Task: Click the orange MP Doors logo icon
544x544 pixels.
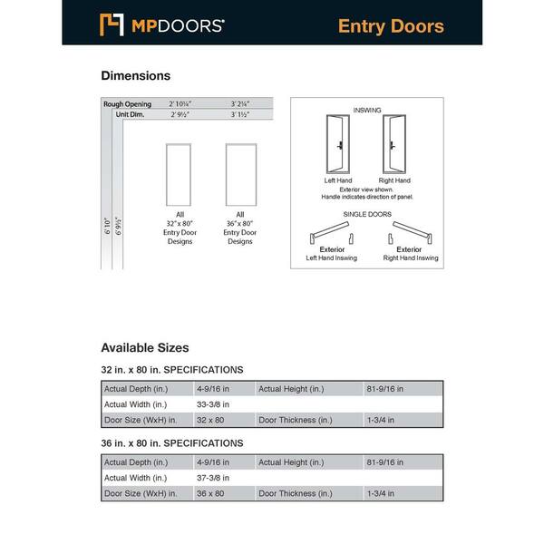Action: coord(111,24)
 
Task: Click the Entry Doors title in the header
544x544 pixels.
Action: coord(391,25)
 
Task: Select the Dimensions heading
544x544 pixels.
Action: coord(135,76)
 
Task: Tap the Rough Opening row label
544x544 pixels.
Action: coord(127,104)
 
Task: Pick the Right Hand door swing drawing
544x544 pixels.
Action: coord(393,145)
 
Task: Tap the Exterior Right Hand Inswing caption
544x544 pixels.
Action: coord(409,253)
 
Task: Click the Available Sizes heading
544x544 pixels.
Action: coord(145,347)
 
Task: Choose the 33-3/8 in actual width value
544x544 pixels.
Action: coord(214,404)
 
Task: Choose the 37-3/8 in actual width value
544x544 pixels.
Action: coord(214,478)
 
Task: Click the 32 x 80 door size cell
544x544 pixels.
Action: coord(209,421)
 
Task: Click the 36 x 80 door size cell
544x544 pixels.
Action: coord(209,494)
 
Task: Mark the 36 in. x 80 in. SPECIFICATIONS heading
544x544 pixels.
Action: coord(172,443)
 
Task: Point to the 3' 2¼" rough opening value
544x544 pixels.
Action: coord(240,104)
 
